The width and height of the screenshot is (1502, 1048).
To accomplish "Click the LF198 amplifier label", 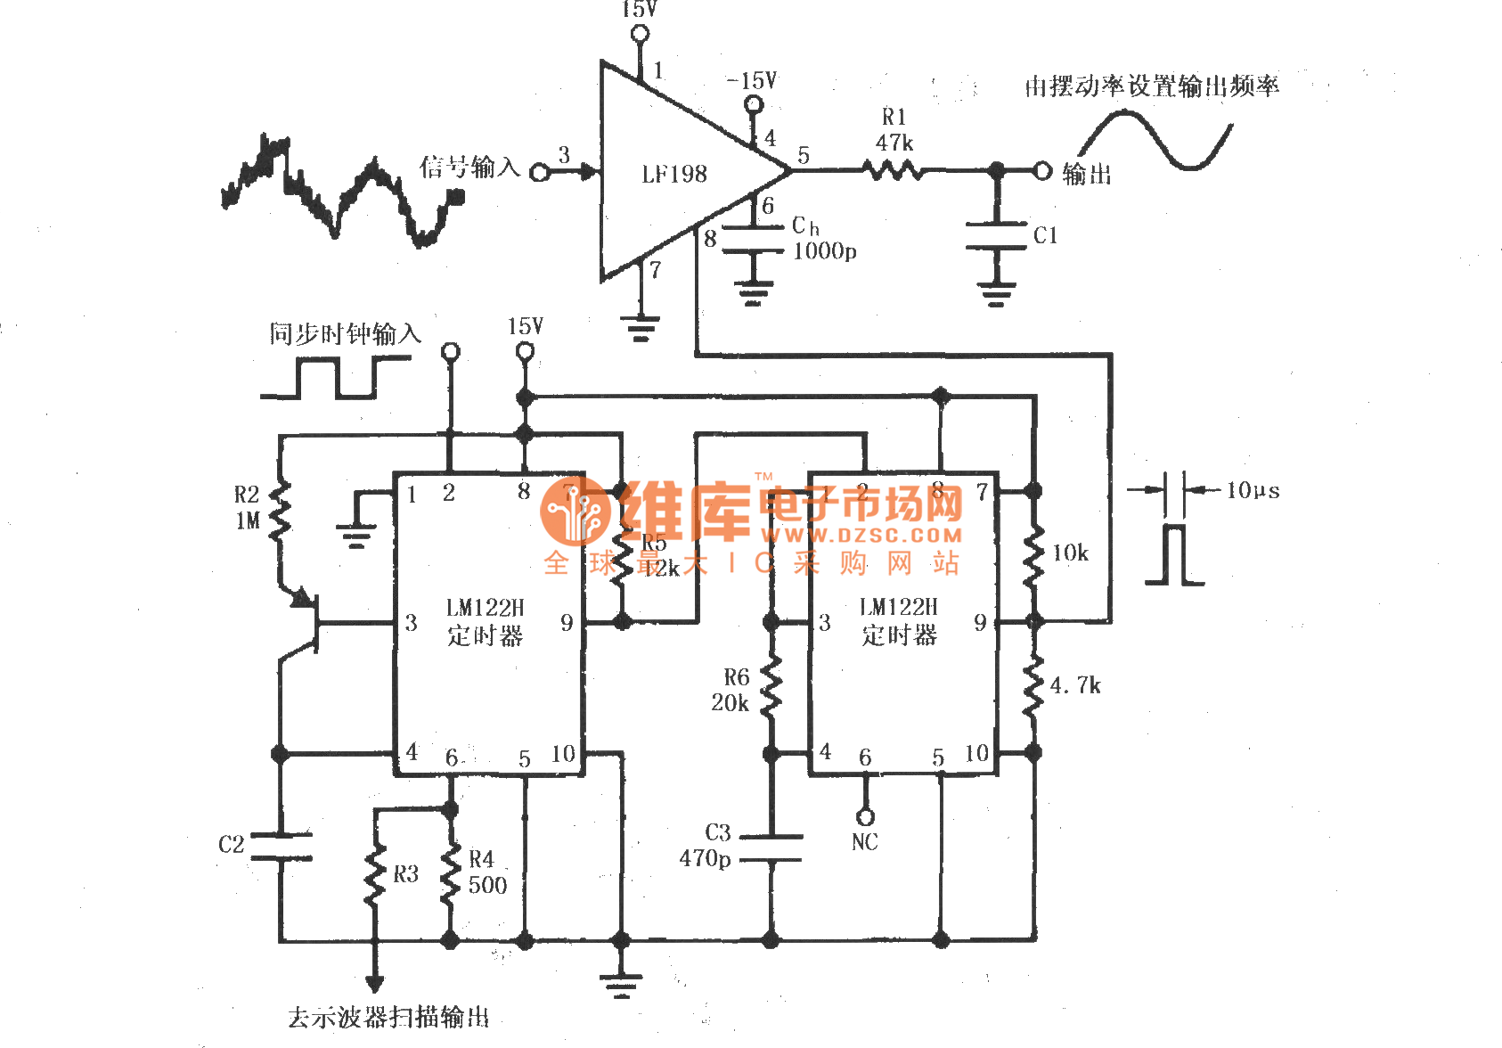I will (674, 174).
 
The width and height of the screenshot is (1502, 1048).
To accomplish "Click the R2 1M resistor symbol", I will (280, 511).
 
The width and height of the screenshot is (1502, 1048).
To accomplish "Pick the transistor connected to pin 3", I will (307, 622).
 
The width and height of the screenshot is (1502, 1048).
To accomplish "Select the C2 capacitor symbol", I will (281, 847).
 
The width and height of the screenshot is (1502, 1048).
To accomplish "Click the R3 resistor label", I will (405, 874).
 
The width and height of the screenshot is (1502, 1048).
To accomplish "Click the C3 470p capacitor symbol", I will (771, 847).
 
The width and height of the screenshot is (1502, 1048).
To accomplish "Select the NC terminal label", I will (864, 842).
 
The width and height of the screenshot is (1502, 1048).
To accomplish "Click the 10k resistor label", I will (1070, 553).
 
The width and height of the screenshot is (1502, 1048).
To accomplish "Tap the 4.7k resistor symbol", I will (1033, 686).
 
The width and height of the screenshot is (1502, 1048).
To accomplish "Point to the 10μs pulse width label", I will (1253, 490).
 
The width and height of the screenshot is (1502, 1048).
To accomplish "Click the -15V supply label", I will (752, 81).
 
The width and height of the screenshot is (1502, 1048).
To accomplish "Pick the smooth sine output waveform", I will (1155, 139).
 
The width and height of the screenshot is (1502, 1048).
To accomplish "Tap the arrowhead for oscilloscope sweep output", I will (375, 984).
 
